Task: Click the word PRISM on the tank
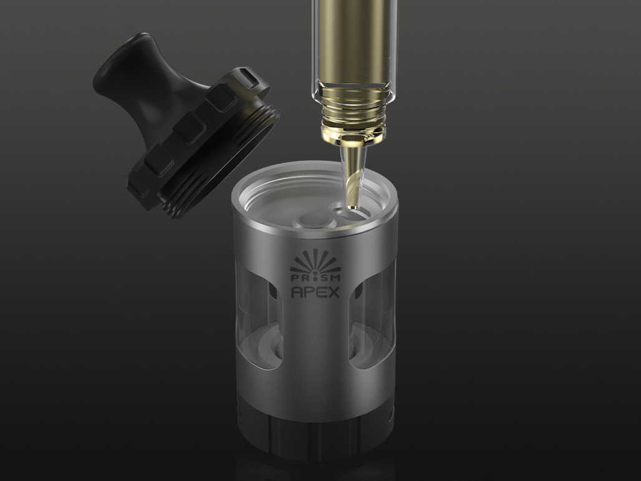point(315,278)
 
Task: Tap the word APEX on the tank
point(315,293)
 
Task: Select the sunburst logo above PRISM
point(315,261)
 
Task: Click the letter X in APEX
point(333,293)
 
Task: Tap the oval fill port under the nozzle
point(354,213)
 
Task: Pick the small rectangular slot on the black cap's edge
point(249,77)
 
